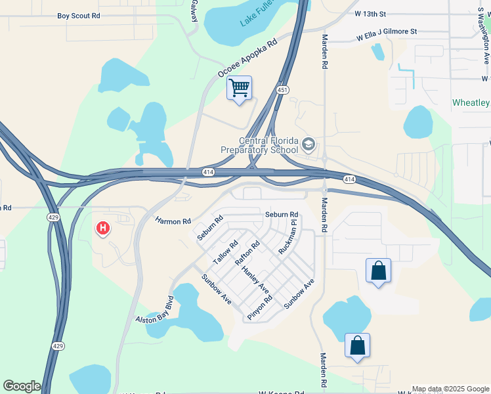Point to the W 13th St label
(370, 12)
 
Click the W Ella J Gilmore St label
(387, 32)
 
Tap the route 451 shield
(282, 90)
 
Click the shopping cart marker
(239, 87)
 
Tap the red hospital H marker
(103, 229)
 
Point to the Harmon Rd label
(173, 222)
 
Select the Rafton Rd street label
(247, 253)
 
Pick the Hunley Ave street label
(255, 280)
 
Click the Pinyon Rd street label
(259, 307)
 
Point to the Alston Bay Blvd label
(154, 311)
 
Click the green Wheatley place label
(471, 103)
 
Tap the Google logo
(22, 386)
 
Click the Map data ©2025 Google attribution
(450, 389)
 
